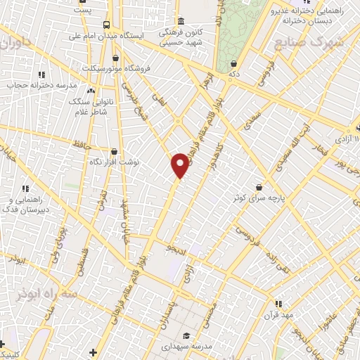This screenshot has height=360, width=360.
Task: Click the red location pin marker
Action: point(181,165)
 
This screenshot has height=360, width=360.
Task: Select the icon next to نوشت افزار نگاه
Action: point(114,150)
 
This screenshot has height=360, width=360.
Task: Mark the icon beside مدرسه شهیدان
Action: point(186,335)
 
